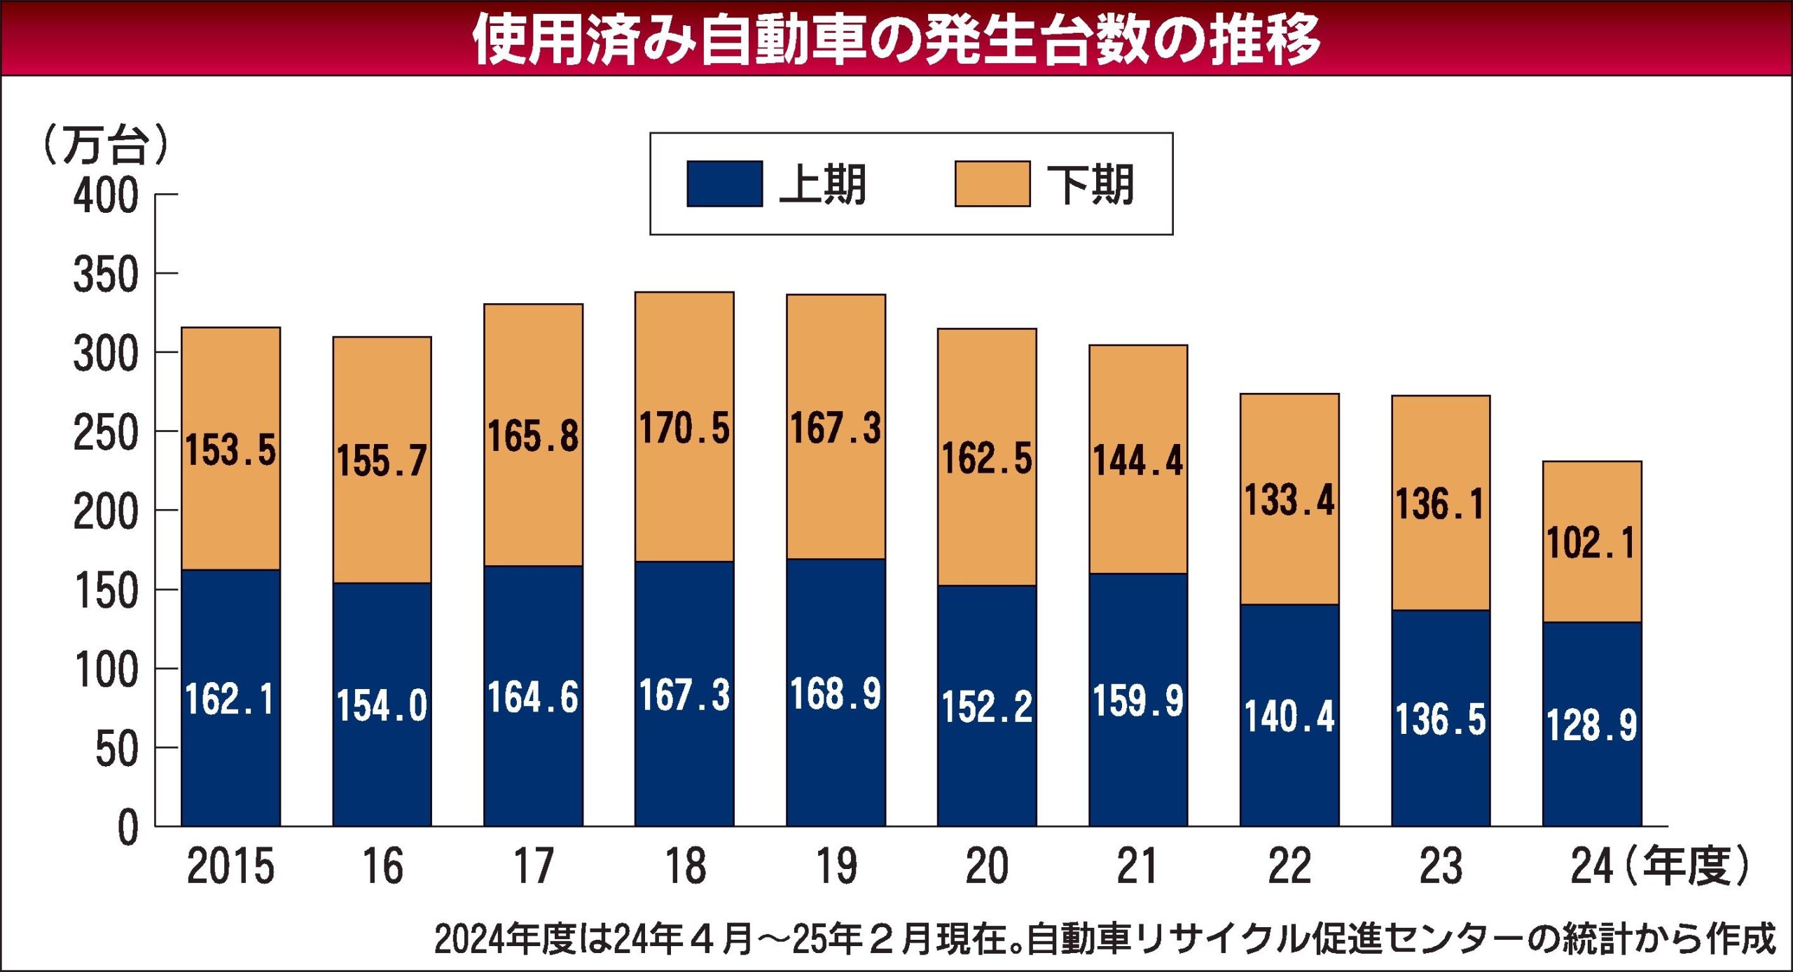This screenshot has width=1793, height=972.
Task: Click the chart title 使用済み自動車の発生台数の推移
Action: pyautogui.click(x=896, y=39)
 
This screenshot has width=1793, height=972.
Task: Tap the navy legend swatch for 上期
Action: pyautogui.click(x=724, y=184)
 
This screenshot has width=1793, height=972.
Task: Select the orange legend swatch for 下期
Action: pyautogui.click(x=992, y=184)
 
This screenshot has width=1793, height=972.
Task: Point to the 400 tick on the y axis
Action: pyautogui.click(x=106, y=195)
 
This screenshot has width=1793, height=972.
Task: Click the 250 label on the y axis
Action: pyautogui.click(x=106, y=433)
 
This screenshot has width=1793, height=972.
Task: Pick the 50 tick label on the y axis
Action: pyautogui.click(x=117, y=750)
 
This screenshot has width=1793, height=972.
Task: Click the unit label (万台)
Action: pyautogui.click(x=106, y=145)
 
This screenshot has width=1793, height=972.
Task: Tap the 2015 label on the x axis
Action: pyautogui.click(x=230, y=867)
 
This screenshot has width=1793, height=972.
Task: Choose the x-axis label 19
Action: pyautogui.click(x=836, y=867)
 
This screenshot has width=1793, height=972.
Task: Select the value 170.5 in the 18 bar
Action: pyautogui.click(x=684, y=428)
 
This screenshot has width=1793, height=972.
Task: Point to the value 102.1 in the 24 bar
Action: pyautogui.click(x=1591, y=543)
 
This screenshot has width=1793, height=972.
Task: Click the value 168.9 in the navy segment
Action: pyautogui.click(x=836, y=695)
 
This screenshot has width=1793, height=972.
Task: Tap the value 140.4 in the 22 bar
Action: pyautogui.click(x=1289, y=717)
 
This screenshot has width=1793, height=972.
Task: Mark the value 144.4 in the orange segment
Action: pyautogui.click(x=1138, y=461)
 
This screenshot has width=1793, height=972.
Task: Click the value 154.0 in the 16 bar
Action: pyautogui.click(x=382, y=705)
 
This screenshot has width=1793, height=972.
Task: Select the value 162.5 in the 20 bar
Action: pyautogui.click(x=987, y=459)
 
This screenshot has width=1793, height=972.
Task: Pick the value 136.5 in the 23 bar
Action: pyautogui.click(x=1441, y=720)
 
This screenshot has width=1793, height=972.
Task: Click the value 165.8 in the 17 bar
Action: pyautogui.click(x=533, y=436)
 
